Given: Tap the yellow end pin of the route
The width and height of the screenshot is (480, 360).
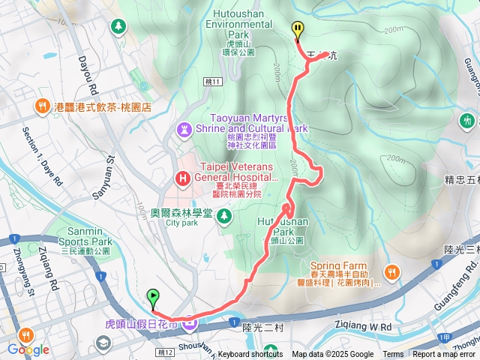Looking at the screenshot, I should click(298, 31).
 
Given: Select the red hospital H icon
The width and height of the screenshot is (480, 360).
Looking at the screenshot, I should click(182, 178).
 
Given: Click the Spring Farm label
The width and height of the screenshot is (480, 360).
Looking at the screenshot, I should click(339, 266).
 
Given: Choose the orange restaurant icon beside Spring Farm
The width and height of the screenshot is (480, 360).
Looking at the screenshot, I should click(391, 271).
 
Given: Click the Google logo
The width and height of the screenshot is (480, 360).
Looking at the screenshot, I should click(28, 349).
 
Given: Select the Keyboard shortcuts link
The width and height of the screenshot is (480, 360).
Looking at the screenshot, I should click(250, 355).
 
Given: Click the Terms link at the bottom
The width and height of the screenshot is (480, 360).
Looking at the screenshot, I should click(393, 355).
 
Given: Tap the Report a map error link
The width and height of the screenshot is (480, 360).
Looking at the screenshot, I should click(445, 355).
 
